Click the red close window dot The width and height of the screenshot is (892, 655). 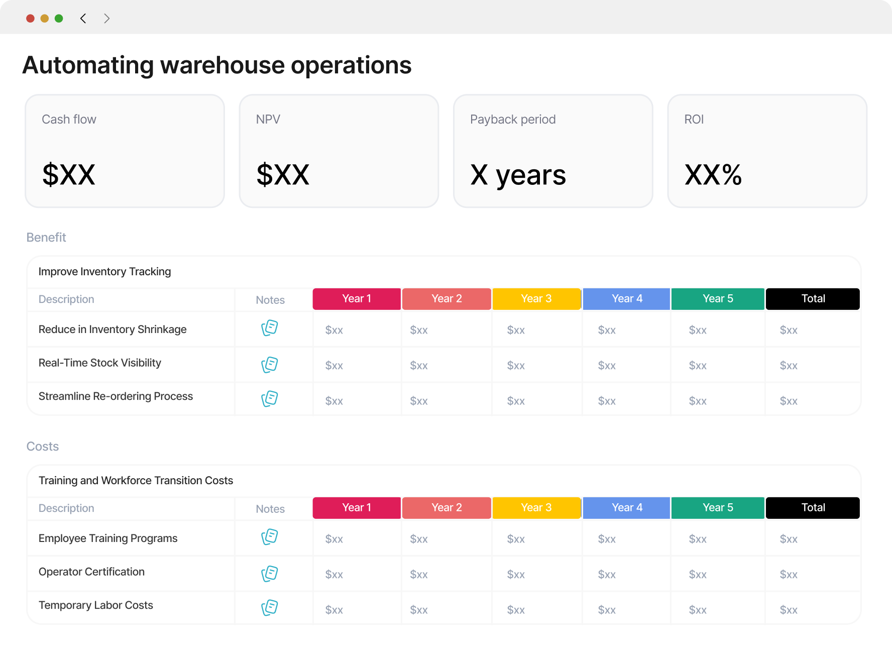point(30,19)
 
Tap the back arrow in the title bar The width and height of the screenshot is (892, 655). point(83,19)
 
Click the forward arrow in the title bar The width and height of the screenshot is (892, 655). point(106,19)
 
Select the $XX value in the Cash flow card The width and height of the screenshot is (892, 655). point(69,175)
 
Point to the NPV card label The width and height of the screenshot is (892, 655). point(268,120)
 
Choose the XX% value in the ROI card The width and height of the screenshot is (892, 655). point(713,175)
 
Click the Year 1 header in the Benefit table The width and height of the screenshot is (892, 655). point(357,299)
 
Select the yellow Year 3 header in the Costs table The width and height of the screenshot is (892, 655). point(536,508)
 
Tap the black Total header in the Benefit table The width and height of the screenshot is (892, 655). point(813,299)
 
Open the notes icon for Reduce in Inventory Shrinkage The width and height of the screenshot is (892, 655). point(270,328)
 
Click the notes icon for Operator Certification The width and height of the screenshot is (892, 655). point(270,574)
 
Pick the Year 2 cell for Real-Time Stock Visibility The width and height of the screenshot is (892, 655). point(419,366)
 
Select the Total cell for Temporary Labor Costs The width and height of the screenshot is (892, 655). point(789,610)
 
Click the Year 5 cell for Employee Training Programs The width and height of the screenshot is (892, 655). point(698,539)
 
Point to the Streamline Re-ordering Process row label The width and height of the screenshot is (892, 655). point(116,396)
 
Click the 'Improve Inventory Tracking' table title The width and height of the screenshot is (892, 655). point(104,272)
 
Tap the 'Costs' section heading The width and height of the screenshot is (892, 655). point(43,447)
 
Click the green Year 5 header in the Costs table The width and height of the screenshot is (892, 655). point(718,508)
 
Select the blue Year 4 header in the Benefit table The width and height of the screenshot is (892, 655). point(626,299)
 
